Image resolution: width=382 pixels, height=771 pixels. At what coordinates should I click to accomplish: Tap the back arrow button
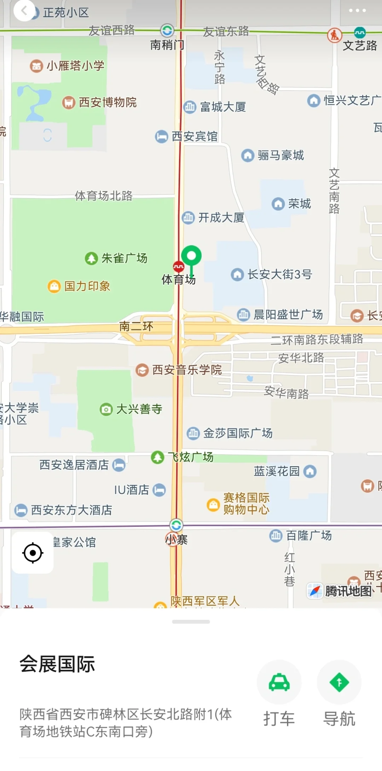coord(24,11)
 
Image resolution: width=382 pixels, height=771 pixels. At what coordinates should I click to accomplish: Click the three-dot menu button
coord(357,11)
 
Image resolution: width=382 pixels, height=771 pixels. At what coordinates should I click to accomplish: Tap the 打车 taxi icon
coord(279,682)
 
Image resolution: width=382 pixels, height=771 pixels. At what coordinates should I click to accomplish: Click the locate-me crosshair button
coord(33,553)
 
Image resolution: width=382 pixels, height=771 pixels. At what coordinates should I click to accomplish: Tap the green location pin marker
coord(191,256)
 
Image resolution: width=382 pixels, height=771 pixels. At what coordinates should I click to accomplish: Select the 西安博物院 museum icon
coord(69,103)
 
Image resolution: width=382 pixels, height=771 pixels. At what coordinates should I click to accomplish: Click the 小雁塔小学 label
coord(75,65)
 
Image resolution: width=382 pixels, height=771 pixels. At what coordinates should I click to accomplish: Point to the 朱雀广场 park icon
coord(91,258)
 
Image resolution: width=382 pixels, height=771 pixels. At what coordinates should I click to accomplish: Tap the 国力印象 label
coord(87,286)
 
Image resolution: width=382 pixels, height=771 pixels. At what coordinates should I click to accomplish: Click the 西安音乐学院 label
coord(187,370)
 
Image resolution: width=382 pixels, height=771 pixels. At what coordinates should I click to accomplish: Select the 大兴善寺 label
coord(139,409)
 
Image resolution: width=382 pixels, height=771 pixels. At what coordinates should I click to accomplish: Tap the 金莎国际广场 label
coord(237,433)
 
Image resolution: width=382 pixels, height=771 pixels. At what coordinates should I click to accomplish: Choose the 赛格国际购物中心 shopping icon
coord(213,504)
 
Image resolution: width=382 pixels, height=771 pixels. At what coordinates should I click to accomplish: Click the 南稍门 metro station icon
coord(167,30)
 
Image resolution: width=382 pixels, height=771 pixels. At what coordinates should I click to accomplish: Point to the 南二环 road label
coord(136,326)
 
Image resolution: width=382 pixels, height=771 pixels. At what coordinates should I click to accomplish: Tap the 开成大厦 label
coord(221,218)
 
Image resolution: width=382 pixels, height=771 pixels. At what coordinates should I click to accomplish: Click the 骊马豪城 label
coord(280,155)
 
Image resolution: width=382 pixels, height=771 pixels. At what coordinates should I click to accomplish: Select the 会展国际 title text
coord(57,664)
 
